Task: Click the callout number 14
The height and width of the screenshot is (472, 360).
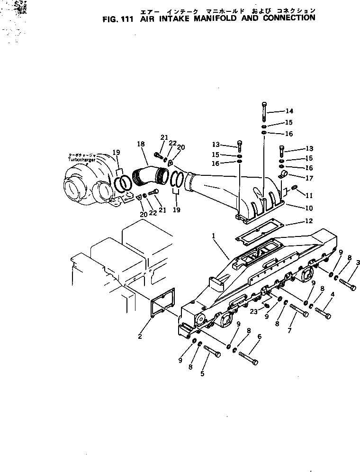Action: point(289,111)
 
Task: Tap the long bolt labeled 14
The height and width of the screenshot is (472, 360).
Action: point(264,112)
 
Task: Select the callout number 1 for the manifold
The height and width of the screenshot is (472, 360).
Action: point(214,235)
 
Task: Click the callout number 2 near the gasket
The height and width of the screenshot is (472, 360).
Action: point(140,336)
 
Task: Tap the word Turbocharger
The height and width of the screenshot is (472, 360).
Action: point(82,160)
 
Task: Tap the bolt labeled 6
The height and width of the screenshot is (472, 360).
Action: point(248,358)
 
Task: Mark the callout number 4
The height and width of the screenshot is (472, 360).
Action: point(332,294)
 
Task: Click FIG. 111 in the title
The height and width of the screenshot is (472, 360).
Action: point(118,19)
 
